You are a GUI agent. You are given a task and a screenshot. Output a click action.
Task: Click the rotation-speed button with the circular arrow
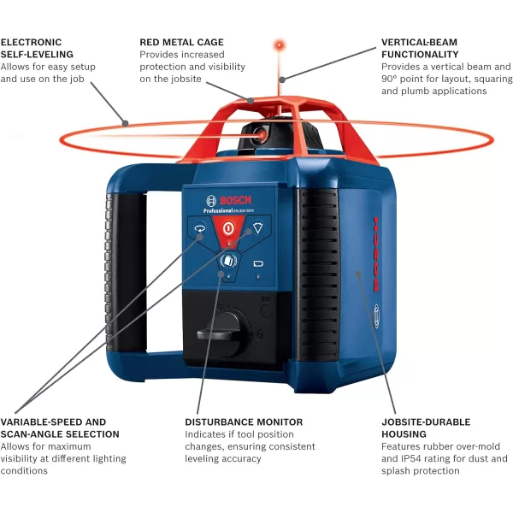(199, 229)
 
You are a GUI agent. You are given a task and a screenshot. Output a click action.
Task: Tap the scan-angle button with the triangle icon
(256, 228)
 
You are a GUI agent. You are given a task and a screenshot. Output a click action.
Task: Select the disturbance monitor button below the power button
(228, 262)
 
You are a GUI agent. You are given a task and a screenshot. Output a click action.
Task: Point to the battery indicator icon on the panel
(259, 263)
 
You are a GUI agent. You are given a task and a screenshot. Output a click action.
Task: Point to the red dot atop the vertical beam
(279, 43)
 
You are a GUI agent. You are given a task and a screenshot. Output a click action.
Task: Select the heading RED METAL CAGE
(181, 41)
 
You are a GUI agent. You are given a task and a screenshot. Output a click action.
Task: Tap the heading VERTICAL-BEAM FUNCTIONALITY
(420, 48)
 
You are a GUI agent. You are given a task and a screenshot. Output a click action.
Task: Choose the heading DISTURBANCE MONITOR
(244, 422)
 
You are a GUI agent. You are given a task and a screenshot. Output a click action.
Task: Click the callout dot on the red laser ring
(126, 123)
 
